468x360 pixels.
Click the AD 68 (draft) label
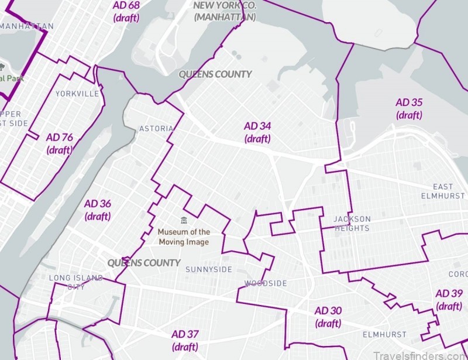[126, 11]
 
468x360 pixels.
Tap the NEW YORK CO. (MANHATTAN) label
[225, 11]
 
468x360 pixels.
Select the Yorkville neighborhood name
[77, 93]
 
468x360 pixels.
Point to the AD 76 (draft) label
[60, 143]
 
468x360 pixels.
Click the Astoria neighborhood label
[156, 128]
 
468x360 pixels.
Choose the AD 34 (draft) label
[258, 132]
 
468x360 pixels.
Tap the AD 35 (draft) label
[409, 108]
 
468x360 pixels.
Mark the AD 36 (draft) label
[98, 210]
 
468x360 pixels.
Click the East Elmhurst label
[443, 191]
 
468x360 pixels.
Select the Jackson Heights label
[352, 224]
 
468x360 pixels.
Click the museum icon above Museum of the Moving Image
[184, 221]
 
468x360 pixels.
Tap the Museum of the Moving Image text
[184, 237]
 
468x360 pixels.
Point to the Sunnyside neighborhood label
[209, 269]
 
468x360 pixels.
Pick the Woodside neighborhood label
[266, 283]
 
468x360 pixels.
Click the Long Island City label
[76, 282]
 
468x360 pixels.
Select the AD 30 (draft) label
[328, 317]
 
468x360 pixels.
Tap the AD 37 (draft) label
[185, 340]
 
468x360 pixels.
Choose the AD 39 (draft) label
[449, 300]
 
